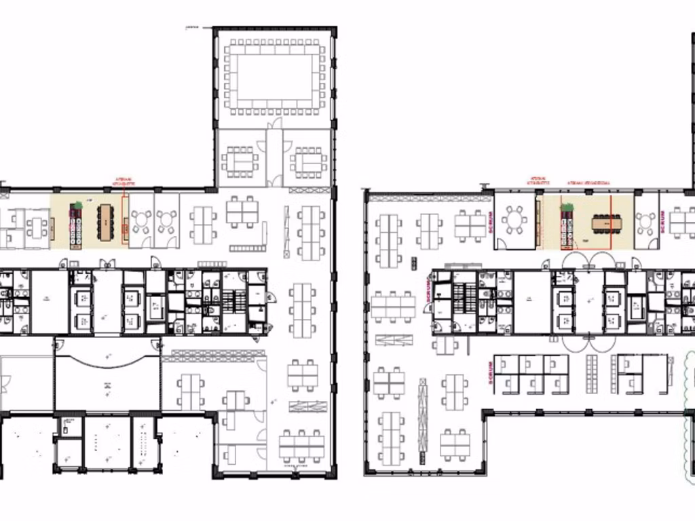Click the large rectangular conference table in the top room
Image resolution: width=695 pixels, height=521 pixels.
click(274, 77)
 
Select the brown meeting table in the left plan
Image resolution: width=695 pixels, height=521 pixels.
click(105, 222)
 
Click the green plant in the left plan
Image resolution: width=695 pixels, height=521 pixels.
click(77, 205)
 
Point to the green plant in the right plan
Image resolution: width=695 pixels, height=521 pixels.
click(567, 207)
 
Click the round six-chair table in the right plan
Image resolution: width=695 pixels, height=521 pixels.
click(516, 220)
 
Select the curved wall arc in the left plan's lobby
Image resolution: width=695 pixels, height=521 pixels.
click(107, 358)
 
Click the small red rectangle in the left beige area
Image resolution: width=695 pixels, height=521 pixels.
click(125, 230)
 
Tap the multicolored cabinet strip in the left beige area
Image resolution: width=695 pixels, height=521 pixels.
click(76, 225)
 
